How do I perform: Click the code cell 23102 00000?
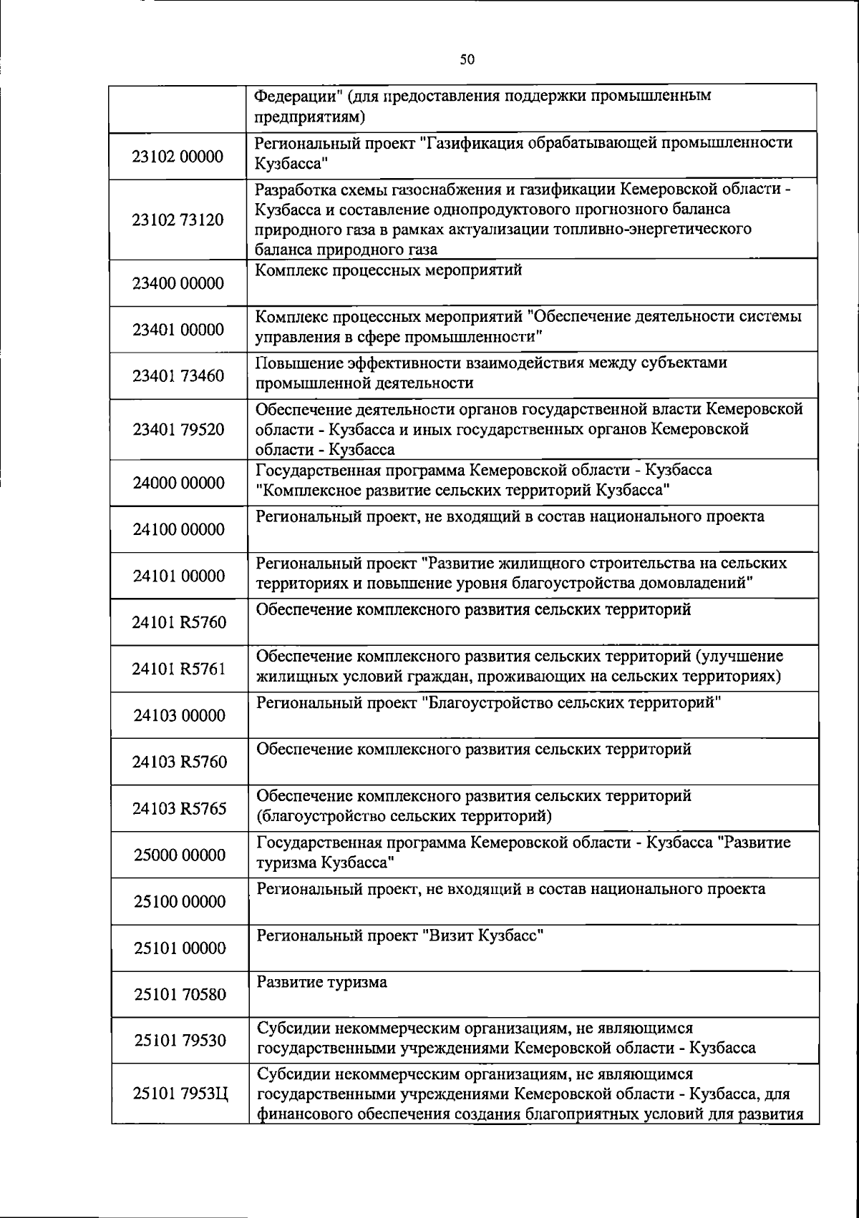point(178,157)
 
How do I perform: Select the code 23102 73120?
point(178,220)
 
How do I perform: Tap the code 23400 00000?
point(178,283)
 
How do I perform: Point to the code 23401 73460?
point(178,375)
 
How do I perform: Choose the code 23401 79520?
point(178,430)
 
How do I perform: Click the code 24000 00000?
point(179,483)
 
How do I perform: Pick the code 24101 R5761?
point(179,669)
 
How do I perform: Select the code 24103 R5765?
point(180,808)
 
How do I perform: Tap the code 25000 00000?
point(180,855)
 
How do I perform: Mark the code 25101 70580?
point(180,994)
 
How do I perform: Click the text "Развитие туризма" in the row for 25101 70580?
point(321,982)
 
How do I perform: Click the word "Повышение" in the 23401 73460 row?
point(291,363)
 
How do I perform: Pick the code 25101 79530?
point(180,1040)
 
